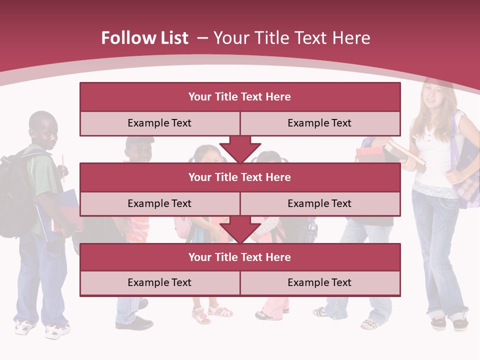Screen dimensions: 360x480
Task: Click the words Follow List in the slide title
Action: tap(144, 38)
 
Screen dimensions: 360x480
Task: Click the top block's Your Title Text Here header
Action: tap(239, 97)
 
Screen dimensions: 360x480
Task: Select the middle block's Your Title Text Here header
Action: tap(239, 177)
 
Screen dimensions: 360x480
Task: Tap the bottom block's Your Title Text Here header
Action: tap(239, 257)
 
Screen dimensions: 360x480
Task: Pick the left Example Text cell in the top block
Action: tap(159, 123)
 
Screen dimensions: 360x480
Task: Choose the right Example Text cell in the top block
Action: tap(319, 123)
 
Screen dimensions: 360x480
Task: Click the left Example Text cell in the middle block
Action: tap(159, 203)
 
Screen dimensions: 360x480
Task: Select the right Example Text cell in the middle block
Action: tap(319, 203)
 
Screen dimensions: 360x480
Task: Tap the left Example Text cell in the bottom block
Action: tap(159, 282)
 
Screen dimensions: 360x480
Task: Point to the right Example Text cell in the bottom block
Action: tap(319, 282)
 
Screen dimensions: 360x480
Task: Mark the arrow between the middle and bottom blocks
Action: tap(240, 229)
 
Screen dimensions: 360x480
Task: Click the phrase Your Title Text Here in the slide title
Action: tap(291, 38)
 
